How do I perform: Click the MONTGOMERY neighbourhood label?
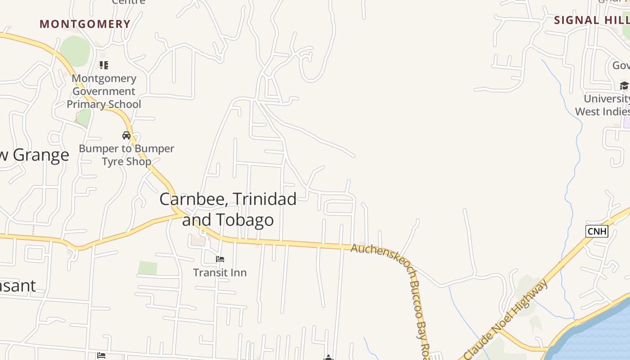click(85, 24)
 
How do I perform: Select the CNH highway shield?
click(597, 231)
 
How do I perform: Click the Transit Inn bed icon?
click(220, 259)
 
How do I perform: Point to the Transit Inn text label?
click(220, 272)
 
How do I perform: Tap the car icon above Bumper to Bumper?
click(126, 135)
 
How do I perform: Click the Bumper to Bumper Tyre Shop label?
click(126, 155)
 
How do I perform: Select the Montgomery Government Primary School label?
click(104, 91)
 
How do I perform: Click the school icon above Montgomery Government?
click(104, 65)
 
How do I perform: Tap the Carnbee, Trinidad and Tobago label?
click(228, 209)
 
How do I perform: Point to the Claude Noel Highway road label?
click(506, 319)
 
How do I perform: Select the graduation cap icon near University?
click(624, 85)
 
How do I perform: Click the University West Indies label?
click(603, 105)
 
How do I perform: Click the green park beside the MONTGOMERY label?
click(75, 50)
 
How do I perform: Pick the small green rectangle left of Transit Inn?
click(148, 268)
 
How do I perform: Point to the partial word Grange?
click(40, 155)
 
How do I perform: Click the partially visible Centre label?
click(129, 2)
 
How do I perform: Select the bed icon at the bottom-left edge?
click(101, 355)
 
